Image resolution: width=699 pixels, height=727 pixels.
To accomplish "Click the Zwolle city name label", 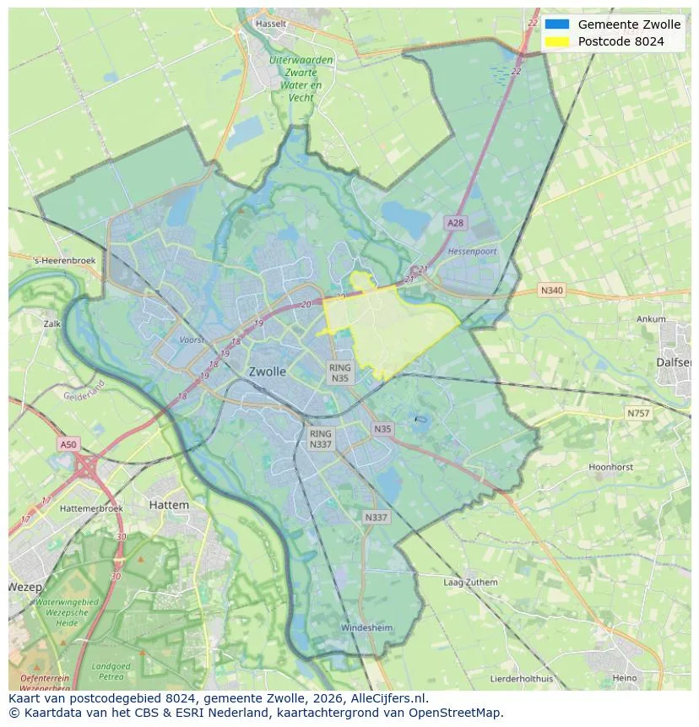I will (268, 372).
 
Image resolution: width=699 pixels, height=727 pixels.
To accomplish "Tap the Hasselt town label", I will (271, 24).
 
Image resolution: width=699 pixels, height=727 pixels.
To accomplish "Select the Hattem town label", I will (169, 504).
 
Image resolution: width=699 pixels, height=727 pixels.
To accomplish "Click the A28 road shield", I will (455, 223).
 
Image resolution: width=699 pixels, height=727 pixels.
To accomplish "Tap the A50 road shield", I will (68, 444).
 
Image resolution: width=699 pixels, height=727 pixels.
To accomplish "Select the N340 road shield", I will (551, 290).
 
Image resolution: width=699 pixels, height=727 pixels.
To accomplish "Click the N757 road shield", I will (638, 414).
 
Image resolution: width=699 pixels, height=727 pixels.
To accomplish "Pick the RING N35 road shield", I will (339, 373).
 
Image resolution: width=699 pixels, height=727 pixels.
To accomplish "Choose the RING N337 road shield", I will (320, 438).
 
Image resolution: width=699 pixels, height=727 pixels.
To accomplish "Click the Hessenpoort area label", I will (472, 252).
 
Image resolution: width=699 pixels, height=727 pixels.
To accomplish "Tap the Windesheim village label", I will (366, 628).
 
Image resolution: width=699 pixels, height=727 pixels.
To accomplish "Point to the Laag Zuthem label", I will (470, 583).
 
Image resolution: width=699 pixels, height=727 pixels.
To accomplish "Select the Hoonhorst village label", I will (610, 467).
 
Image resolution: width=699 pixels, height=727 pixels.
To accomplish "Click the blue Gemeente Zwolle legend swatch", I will (557, 24).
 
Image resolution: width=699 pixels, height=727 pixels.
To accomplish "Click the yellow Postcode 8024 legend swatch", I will (557, 41).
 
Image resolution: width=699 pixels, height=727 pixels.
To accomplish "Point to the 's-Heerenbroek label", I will (64, 262).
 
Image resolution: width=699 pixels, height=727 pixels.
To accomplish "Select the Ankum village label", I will (651, 320).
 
